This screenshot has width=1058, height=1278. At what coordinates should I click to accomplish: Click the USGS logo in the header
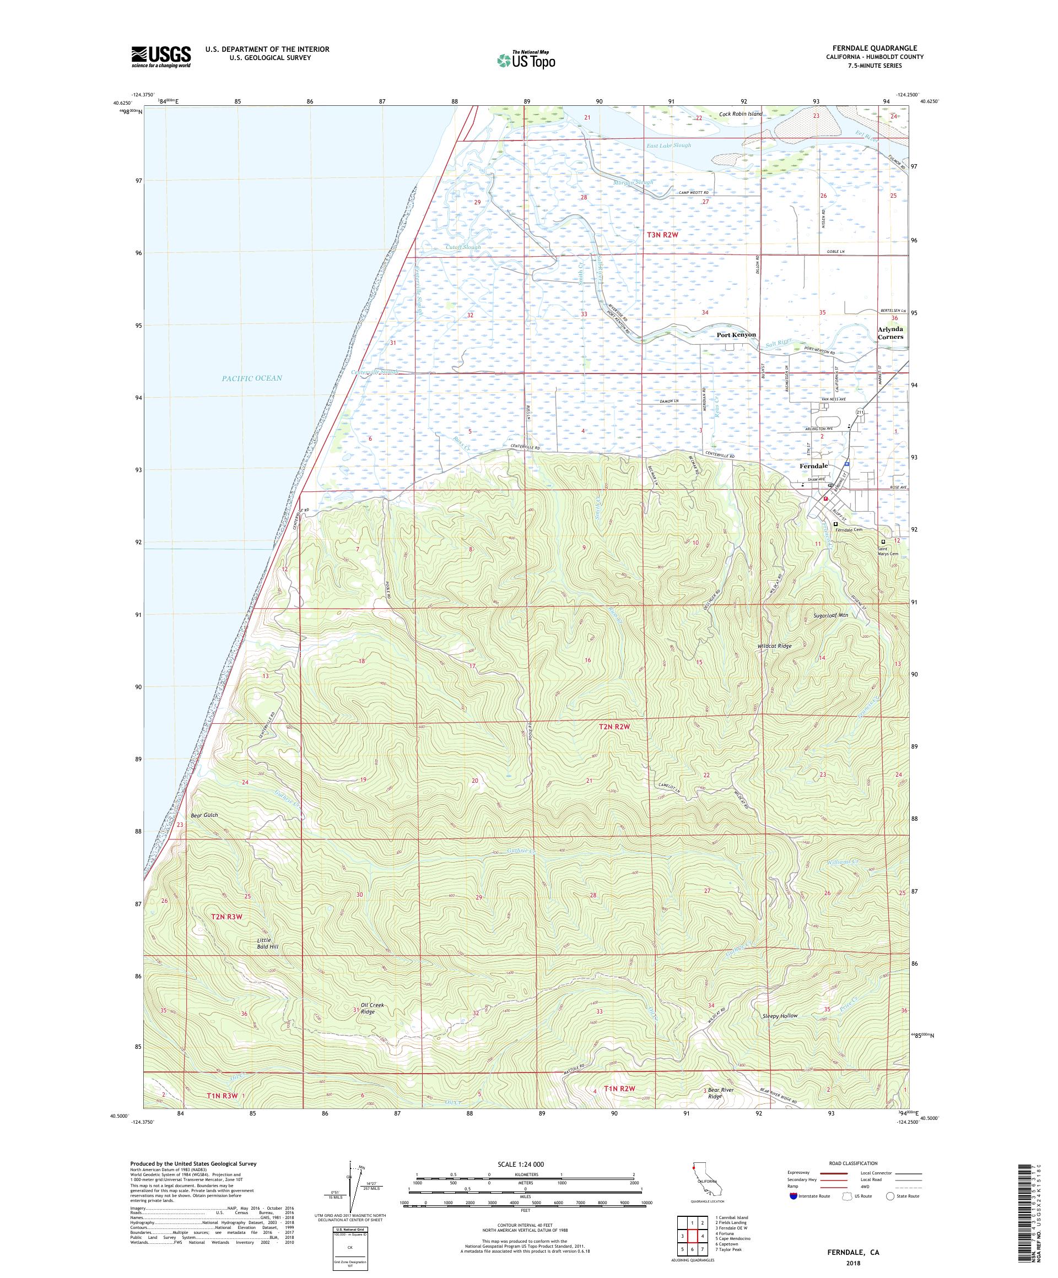pos(161,57)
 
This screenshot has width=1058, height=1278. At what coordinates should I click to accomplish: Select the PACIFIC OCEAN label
pos(251,378)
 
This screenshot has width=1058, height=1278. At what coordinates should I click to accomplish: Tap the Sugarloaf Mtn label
pos(830,615)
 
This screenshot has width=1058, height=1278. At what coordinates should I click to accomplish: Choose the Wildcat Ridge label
pos(774,646)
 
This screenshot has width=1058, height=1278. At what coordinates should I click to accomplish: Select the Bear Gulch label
pos(204,815)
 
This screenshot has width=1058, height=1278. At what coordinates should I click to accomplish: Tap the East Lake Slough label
pos(668,146)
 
